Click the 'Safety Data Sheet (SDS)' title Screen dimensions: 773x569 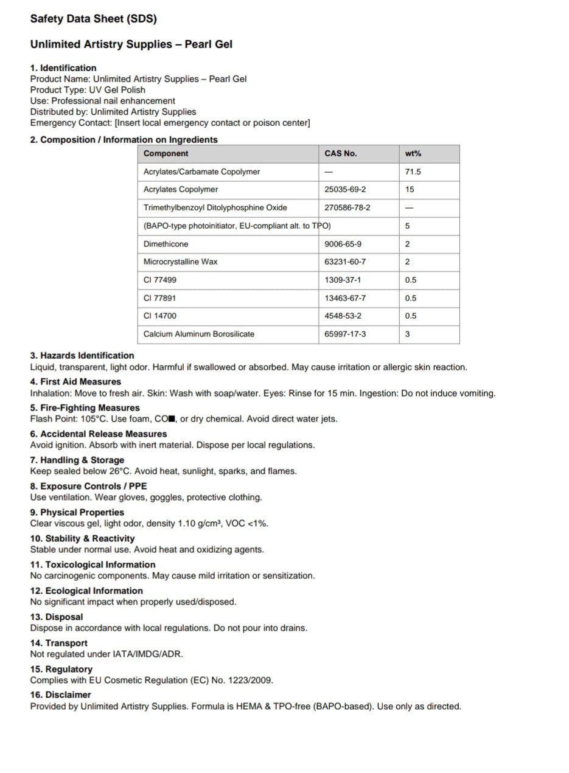94,19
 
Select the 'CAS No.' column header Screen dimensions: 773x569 341,154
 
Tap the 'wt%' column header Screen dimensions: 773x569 413,154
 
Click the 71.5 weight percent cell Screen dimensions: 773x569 413,172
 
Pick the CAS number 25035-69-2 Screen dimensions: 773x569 346,190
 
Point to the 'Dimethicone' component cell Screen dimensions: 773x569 166,244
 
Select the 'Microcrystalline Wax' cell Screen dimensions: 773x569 181,262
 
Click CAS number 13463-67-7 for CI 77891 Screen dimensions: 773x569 346,298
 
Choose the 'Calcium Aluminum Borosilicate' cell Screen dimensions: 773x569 199,334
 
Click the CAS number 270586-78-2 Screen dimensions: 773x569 347,208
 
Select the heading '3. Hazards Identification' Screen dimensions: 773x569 82,356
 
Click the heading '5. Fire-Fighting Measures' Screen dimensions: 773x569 85,408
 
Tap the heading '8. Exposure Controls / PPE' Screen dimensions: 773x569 89,487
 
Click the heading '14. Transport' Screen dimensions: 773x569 59,643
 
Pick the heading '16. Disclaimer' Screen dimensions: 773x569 61,695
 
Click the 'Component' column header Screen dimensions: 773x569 166,154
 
